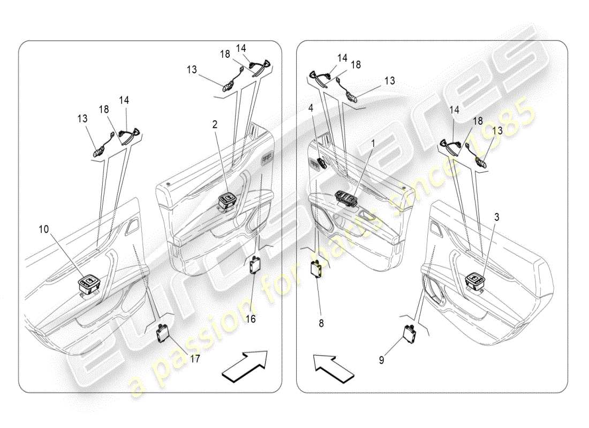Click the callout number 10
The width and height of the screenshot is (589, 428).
43,229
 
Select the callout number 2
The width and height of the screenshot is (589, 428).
215,125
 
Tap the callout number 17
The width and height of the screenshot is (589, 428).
195,359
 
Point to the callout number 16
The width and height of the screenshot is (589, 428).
250,319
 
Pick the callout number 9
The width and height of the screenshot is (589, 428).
381,361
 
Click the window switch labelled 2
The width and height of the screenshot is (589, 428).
228,201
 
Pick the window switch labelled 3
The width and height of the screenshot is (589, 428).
475,281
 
